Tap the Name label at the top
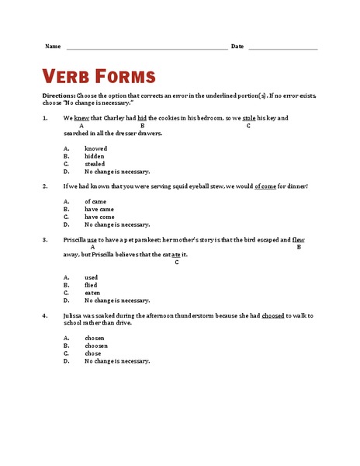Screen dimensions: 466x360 pos(53,47)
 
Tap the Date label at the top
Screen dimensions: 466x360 pos(237,47)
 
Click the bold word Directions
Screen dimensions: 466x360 pos(58,95)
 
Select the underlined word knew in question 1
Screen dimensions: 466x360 pos(81,118)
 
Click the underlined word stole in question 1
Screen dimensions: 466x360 pos(249,118)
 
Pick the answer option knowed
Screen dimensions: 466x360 pos(95,148)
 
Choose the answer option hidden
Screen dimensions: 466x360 pos(94,156)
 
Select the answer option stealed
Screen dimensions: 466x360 pos(95,164)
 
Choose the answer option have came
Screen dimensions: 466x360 pos(99,209)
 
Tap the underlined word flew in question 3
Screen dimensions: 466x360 pos(299,240)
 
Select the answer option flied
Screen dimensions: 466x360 pos(92,284)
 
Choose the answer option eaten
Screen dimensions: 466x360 pos(92,292)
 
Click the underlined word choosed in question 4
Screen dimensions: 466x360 pos(272,315)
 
